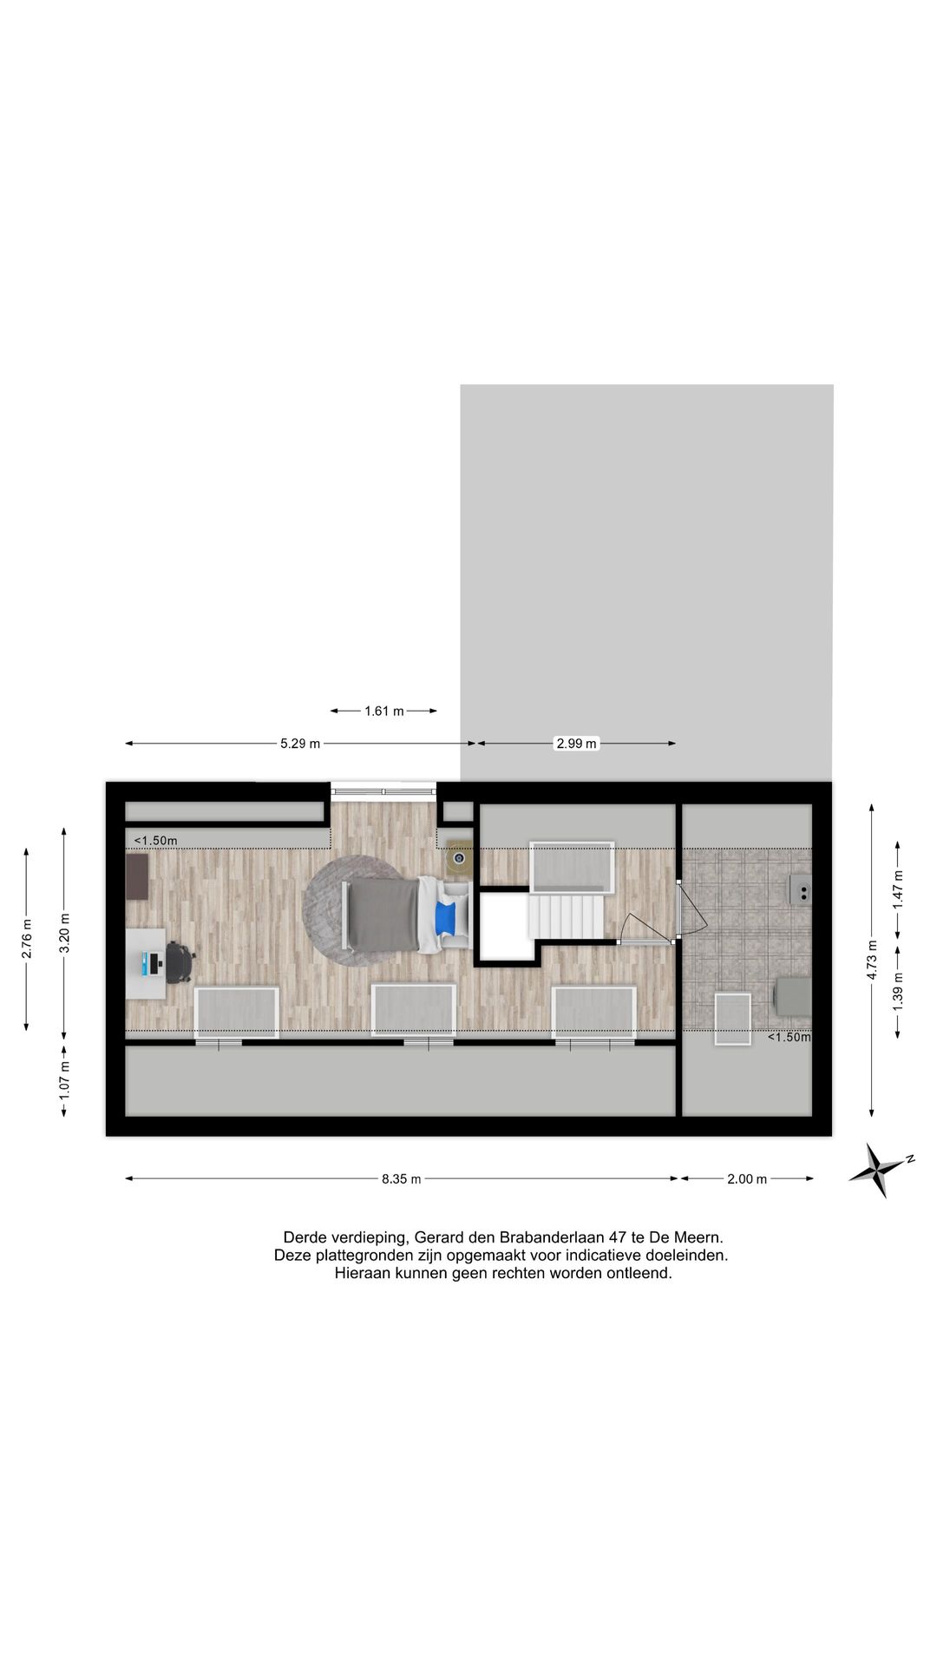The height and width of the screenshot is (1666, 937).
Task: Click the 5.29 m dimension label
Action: point(300,744)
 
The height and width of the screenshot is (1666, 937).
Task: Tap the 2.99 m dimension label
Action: point(577,744)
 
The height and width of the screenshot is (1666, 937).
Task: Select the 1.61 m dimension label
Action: point(384,712)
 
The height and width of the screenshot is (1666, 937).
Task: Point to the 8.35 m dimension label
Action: point(402,1179)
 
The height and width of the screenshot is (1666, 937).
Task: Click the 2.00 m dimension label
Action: point(747,1179)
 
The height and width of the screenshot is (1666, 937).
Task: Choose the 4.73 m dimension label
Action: point(872,959)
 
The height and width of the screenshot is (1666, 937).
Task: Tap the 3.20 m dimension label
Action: point(64,932)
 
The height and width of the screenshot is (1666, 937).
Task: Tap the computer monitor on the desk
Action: point(154,963)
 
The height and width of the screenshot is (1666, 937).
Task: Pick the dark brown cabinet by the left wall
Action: point(137,876)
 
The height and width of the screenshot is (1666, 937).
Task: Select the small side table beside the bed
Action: point(459,859)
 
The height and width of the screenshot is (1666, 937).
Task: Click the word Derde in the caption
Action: point(306,1237)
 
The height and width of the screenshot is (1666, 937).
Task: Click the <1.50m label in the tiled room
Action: point(789,1037)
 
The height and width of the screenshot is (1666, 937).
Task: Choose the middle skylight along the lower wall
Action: point(413,1011)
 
